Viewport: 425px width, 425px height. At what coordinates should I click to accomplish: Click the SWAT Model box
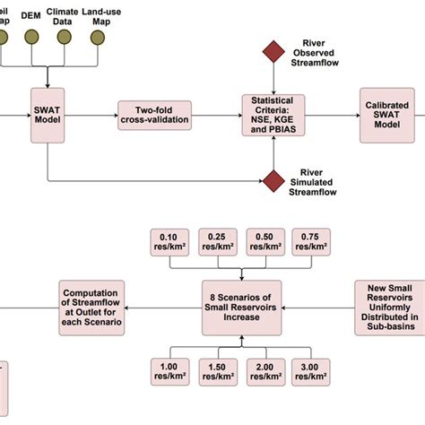[x=48, y=114]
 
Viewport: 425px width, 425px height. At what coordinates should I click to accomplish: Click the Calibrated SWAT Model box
[x=387, y=114]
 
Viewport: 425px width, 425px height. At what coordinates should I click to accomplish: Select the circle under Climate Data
[x=65, y=38]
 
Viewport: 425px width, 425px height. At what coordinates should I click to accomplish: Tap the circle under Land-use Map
[x=99, y=38]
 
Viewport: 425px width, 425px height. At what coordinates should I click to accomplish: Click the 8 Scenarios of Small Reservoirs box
[x=241, y=307]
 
